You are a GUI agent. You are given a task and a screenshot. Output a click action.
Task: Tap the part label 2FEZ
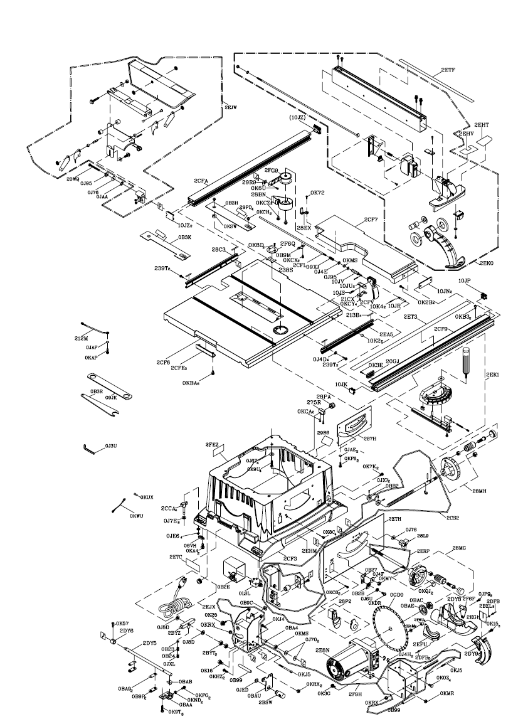[x=211, y=445]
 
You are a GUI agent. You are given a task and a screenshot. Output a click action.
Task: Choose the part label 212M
[x=82, y=338]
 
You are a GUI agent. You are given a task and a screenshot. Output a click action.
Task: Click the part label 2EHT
[x=482, y=125]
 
